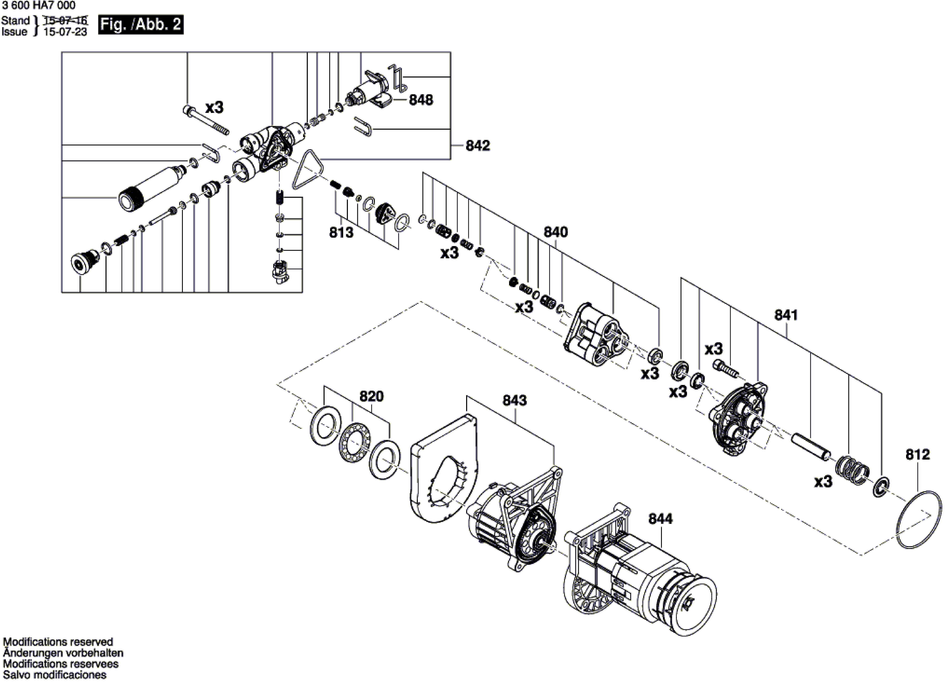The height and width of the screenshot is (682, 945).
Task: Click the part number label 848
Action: coord(421,100)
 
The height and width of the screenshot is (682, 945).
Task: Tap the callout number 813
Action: coord(341,232)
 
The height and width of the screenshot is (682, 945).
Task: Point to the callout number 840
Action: coord(556,232)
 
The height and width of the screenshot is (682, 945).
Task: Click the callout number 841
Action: coord(786,315)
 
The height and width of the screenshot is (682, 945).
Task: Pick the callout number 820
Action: coord(371,396)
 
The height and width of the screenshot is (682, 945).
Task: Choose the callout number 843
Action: coord(515,400)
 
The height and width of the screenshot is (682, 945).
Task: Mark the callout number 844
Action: coord(660,519)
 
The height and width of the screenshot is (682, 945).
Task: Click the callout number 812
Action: coord(917,455)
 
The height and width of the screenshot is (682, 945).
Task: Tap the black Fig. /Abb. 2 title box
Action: coord(141,25)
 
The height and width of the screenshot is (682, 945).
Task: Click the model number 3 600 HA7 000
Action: coord(39,5)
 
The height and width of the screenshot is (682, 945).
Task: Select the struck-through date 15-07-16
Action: coord(65,20)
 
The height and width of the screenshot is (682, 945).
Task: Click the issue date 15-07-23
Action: coord(65,32)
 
